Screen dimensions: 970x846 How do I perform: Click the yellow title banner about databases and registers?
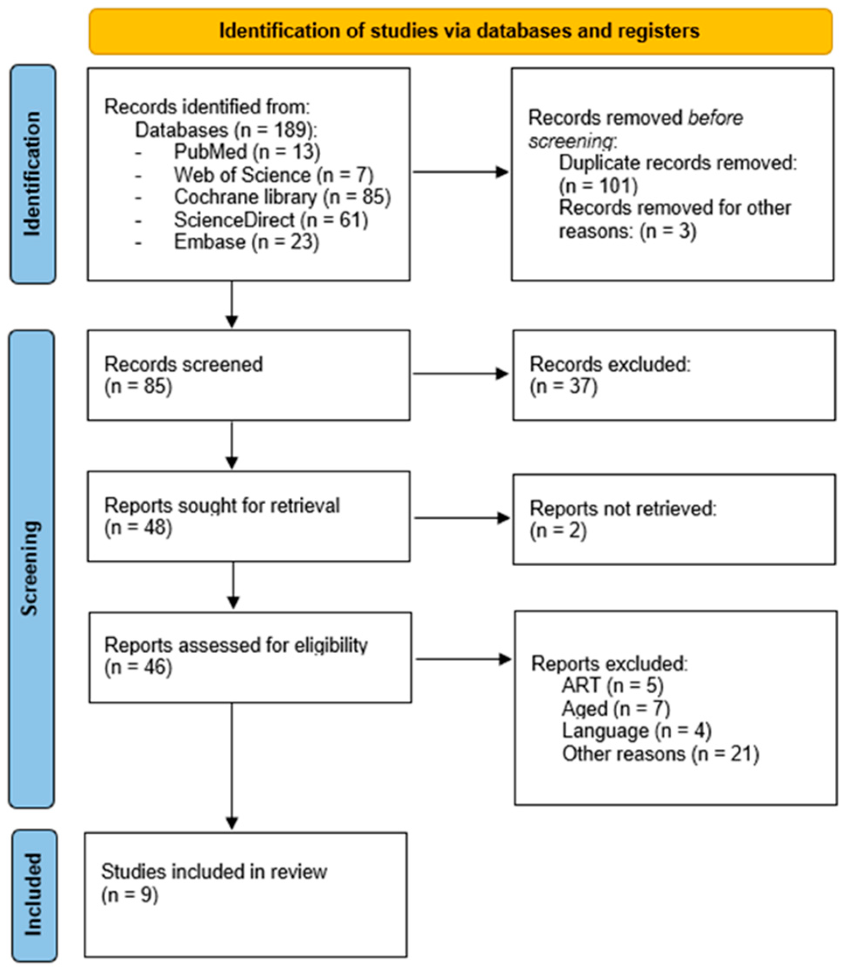pos(460,31)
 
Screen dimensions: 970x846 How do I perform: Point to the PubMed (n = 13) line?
pos(246,151)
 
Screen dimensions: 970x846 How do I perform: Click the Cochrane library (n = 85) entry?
pos(282,197)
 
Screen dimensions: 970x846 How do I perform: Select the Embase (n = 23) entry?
pos(246,242)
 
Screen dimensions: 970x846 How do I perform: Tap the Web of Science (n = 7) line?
pos(274,175)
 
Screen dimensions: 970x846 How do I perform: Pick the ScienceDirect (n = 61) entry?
pos(270,220)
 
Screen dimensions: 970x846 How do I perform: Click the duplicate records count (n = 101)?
pos(598,186)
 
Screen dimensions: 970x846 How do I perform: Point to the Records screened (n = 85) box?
pos(248,375)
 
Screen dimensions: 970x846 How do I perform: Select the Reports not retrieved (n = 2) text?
pos(622,520)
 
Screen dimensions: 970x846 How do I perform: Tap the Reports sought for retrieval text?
pos(222,505)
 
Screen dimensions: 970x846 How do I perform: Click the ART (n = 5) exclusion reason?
pos(612,685)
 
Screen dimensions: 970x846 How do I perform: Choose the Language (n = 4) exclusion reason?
pos(636,731)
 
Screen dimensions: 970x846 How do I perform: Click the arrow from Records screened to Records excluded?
pos(460,374)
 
